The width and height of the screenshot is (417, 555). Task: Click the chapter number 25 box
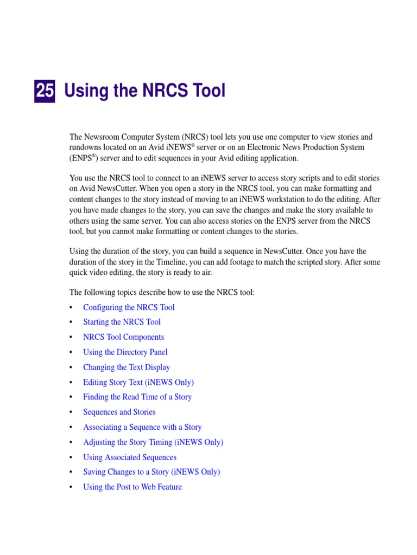point(45,91)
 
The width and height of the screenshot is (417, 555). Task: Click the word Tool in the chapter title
point(208,91)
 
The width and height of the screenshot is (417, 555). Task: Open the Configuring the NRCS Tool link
point(129,307)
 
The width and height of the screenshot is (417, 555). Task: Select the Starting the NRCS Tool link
point(122,322)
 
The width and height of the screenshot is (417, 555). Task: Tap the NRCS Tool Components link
point(123,337)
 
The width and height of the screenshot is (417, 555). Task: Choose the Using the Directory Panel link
point(125,352)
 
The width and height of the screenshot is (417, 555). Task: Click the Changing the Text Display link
point(127,367)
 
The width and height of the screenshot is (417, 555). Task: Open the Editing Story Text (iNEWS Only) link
point(138,382)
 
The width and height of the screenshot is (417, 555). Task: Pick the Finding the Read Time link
point(137,397)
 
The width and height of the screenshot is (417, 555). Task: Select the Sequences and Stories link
point(119,412)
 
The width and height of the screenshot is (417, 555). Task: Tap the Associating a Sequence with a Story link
point(142,427)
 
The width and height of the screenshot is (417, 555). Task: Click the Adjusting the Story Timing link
point(153,442)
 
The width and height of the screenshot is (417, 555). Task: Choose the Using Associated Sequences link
point(130,457)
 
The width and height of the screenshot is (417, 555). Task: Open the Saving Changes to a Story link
point(151,472)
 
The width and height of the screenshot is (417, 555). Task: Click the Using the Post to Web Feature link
point(132,487)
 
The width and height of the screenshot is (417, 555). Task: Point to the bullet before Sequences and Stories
point(72,412)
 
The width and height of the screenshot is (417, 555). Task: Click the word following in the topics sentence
point(98,293)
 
